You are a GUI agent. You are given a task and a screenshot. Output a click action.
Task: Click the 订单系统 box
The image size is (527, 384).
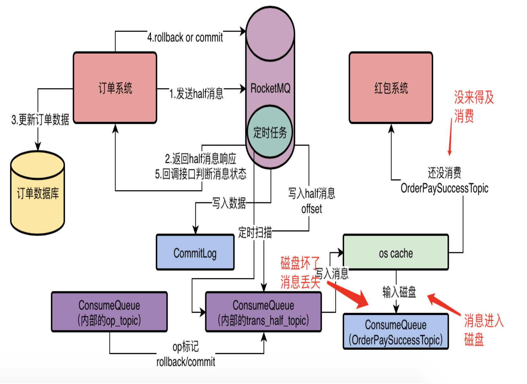pyautogui.click(x=115, y=88)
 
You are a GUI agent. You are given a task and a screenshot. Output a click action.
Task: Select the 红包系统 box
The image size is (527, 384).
pyautogui.click(x=391, y=88)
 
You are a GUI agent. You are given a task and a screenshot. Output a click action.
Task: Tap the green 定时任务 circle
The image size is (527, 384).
pyautogui.click(x=270, y=132)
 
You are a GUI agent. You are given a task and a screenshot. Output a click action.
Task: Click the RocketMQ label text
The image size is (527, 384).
pyautogui.click(x=270, y=88)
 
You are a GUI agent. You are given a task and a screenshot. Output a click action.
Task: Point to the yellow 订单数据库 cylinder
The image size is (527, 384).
pyautogui.click(x=38, y=193)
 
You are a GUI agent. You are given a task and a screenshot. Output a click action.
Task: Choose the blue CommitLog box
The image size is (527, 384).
pyautogui.click(x=195, y=252)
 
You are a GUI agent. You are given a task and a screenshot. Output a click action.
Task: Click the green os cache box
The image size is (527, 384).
pyautogui.click(x=396, y=252)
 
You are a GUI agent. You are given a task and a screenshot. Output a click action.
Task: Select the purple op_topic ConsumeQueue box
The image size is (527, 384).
pyautogui.click(x=110, y=312)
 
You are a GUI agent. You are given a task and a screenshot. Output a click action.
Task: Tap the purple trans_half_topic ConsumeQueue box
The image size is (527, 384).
pyautogui.click(x=263, y=312)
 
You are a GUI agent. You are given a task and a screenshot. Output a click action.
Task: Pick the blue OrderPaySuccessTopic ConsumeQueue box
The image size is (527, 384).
pyautogui.click(x=396, y=331)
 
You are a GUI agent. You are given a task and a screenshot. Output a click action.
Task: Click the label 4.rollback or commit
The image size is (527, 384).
pyautogui.click(x=185, y=38)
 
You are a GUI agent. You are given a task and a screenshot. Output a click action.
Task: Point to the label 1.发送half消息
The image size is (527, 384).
pyautogui.click(x=197, y=93)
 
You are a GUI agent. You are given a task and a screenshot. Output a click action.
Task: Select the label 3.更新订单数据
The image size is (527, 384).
pyautogui.click(x=40, y=119)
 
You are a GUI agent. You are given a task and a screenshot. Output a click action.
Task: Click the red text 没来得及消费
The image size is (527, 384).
pyautogui.click(x=473, y=107)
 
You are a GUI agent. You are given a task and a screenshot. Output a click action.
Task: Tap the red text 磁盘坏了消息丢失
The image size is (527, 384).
pyautogui.click(x=300, y=273)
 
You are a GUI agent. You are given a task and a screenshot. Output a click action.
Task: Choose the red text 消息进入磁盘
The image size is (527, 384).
pyautogui.click(x=484, y=330)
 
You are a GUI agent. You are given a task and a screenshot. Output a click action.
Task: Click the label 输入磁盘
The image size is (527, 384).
pyautogui.click(x=399, y=292)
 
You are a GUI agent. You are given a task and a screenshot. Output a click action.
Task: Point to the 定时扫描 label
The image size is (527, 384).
pyautogui.click(x=255, y=232)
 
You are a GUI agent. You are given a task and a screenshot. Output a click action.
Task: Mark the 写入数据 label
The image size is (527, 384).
pyautogui.click(x=229, y=203)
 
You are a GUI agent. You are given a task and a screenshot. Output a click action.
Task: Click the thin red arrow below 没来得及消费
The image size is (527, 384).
pyautogui.click(x=450, y=137)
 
